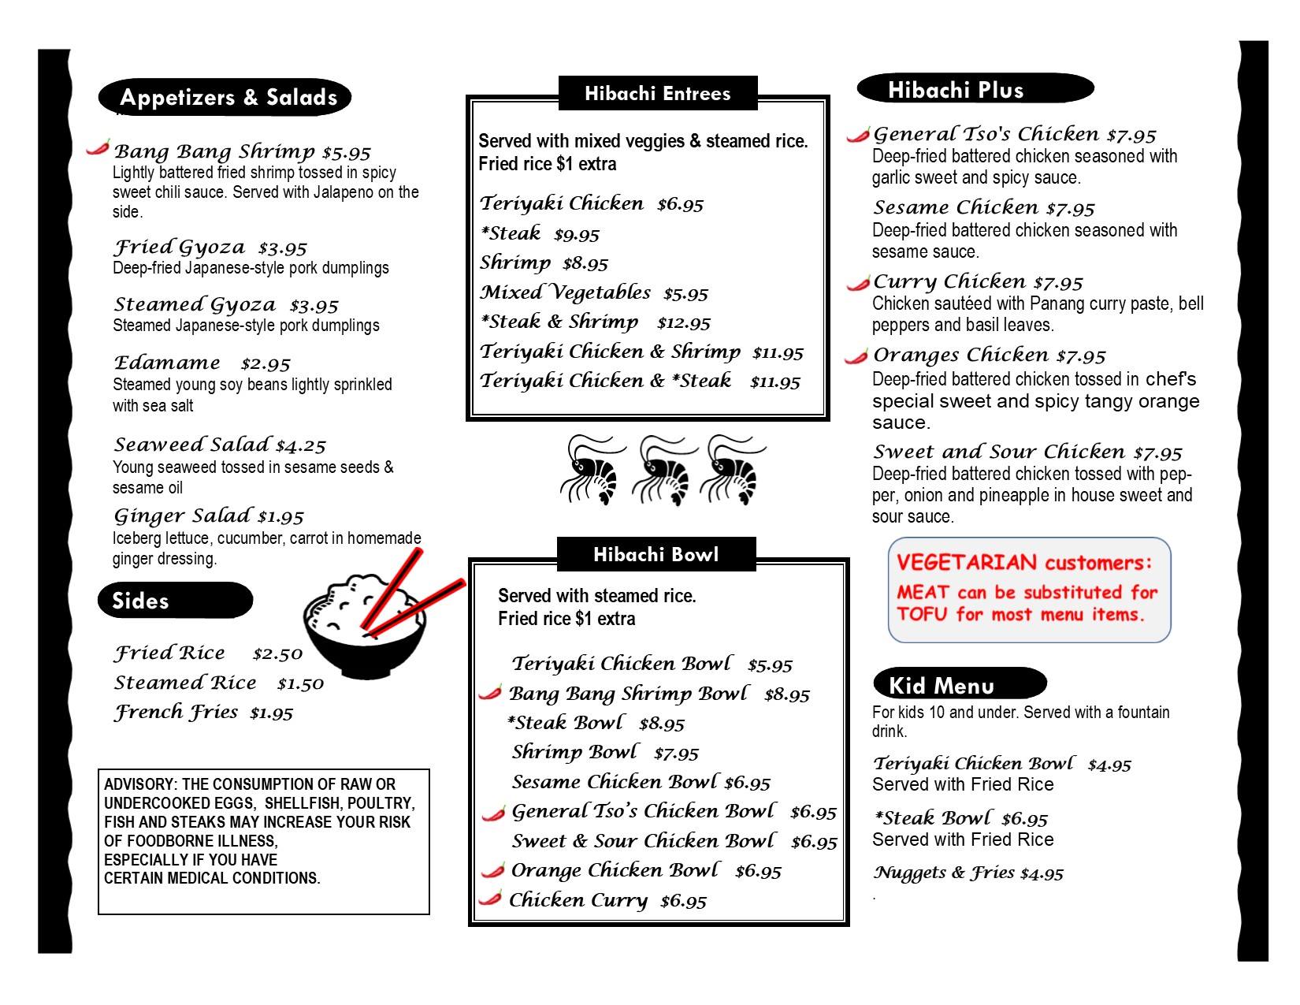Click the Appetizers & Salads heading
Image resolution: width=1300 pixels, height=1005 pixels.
[228, 98]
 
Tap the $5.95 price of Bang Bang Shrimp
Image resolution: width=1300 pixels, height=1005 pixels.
[347, 152]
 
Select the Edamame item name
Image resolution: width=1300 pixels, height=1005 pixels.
[167, 363]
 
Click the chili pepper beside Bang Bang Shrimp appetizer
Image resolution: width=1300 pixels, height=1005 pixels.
[98, 147]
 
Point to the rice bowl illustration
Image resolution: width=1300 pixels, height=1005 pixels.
[364, 627]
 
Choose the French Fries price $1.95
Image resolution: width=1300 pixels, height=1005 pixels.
[271, 713]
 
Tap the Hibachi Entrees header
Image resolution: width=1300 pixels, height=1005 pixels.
[657, 94]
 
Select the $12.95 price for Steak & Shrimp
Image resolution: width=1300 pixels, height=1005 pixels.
[683, 322]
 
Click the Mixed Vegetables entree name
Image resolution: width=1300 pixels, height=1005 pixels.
[566, 292]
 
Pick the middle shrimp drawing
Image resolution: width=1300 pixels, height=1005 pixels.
[664, 470]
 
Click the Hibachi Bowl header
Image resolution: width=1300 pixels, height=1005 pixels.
[656, 554]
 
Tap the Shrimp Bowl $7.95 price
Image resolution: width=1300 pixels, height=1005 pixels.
[676, 754]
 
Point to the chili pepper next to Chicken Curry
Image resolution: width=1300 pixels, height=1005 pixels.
[491, 897]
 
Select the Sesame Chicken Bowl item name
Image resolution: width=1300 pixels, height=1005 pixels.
[615, 782]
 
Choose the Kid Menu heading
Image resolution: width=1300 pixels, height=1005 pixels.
[941, 685]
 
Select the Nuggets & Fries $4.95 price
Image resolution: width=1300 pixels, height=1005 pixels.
[1041, 873]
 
